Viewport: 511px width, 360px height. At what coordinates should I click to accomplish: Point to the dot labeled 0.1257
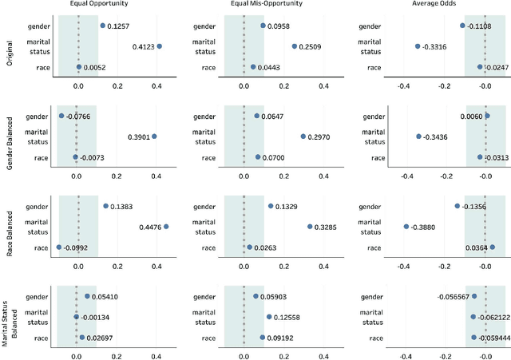pos(102,26)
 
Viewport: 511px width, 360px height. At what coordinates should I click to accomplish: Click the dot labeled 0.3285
pos(310,227)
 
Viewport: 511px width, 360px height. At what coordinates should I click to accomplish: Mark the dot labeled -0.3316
pos(417,46)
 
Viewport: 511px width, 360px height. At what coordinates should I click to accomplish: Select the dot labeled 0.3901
pos(154,136)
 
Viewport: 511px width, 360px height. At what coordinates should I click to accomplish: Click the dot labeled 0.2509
pos(294,46)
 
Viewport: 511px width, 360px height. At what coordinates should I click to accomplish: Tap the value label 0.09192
pos(282,338)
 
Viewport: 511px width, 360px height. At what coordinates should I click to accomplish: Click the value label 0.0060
pos(471,116)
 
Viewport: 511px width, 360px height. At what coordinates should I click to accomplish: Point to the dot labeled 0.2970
pos(303,136)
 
